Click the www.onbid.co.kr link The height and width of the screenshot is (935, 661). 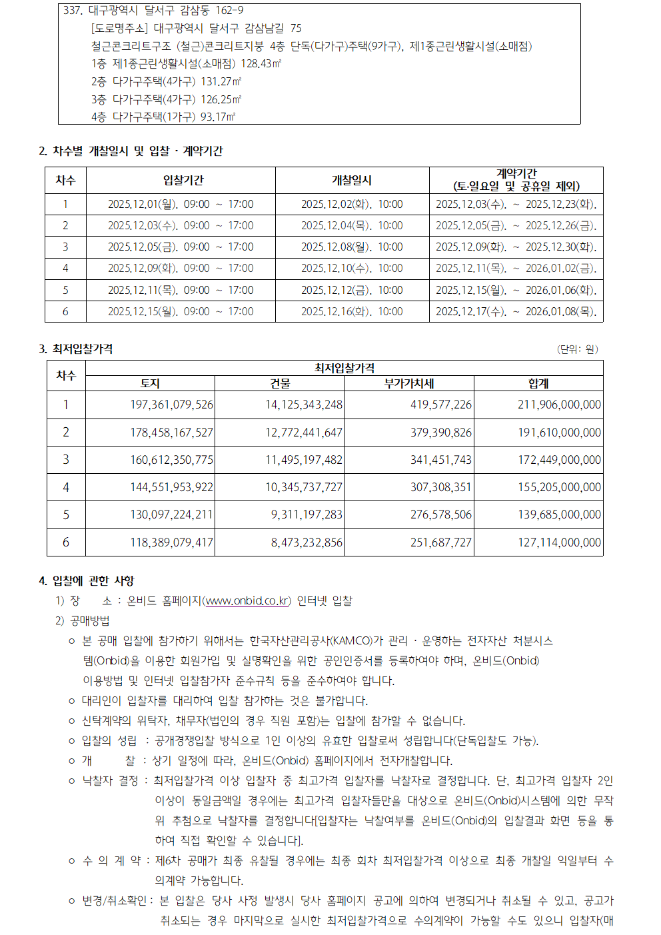pos(247,600)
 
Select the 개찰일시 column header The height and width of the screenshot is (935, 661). pos(352,181)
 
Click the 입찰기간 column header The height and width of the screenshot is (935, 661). pos(183,181)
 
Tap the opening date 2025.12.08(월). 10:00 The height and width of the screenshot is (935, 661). pos(352,247)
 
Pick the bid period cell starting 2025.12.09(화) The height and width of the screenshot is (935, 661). pos(181,269)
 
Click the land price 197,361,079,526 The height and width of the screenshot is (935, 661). pos(172,405)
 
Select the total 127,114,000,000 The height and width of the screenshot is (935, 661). pos(559,542)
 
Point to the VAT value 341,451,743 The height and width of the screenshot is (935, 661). pos(441,460)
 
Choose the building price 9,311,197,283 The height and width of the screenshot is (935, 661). pos(307,514)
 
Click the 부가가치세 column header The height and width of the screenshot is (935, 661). pos(409,384)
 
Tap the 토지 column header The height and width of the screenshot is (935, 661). pos(150,384)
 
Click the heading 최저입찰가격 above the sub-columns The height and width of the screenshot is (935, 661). pos(344,368)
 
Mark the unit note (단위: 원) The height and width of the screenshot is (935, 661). pos(578,349)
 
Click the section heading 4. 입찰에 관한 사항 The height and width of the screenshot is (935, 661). pos(87,581)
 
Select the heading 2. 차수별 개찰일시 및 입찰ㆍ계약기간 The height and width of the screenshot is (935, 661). pos(131,151)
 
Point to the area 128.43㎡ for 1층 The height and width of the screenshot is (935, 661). pos(261,64)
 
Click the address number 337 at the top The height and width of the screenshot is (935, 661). pos(72,11)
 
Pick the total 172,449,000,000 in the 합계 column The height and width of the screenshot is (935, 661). pos(559,460)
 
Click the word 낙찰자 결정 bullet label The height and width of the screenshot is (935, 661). pos(110,780)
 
